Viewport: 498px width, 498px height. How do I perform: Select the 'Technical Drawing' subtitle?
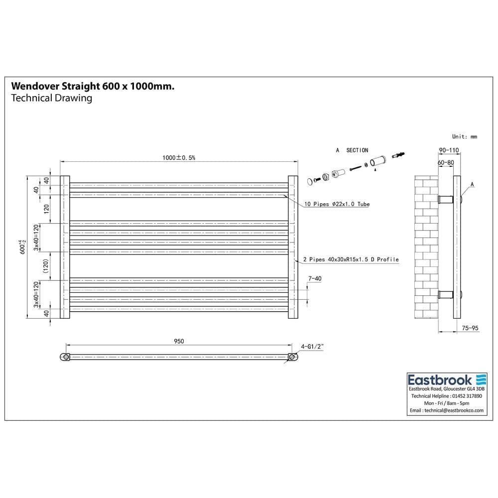click(x=51, y=98)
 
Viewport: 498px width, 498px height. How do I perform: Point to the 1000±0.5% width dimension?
click(x=179, y=157)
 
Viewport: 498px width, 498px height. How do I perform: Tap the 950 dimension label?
click(x=179, y=341)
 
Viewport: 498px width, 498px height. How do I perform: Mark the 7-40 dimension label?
click(x=315, y=279)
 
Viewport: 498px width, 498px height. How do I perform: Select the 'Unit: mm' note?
click(x=464, y=136)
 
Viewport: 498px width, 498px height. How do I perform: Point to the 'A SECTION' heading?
click(x=352, y=150)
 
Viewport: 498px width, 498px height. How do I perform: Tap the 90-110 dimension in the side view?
click(x=448, y=149)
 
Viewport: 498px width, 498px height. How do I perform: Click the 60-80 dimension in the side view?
click(x=446, y=162)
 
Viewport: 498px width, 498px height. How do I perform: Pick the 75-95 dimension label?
click(x=470, y=328)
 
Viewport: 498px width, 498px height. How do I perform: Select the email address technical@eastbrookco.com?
click(x=446, y=410)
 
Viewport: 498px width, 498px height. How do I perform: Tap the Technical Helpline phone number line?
click(x=446, y=396)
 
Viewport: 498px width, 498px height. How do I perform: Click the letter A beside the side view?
click(x=472, y=185)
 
